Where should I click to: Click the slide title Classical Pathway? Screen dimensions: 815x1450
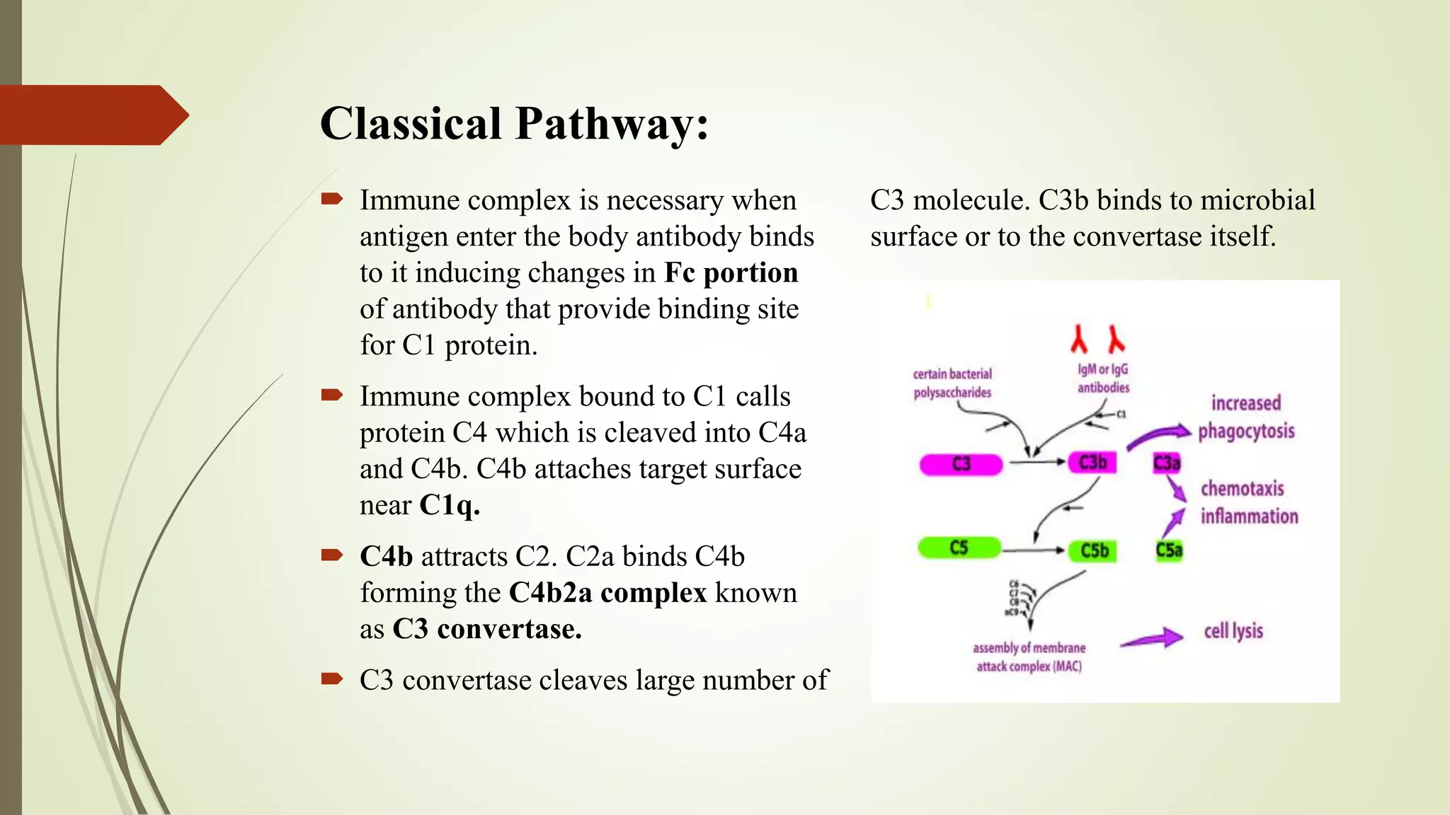point(514,124)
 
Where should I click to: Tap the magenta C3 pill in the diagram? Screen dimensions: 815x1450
point(961,464)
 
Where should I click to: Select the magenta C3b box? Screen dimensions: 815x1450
point(1092,463)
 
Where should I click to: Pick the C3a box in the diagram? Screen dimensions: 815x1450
point(1167,463)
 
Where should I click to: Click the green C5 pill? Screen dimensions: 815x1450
point(959,548)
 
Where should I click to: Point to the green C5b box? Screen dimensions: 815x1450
point(1094,550)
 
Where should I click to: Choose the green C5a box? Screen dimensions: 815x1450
point(1169,550)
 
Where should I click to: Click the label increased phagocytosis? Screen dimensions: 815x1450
point(1246,417)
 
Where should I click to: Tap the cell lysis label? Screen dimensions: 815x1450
point(1233,630)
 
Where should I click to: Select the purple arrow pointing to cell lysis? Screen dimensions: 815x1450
point(1152,638)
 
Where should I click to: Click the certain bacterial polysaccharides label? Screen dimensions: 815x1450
point(952,383)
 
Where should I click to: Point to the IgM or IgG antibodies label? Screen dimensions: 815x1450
point(1103,378)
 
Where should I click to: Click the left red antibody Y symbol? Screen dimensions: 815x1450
point(1079,339)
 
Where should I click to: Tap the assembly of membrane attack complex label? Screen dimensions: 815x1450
point(1029,657)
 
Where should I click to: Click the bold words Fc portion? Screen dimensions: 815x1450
point(731,273)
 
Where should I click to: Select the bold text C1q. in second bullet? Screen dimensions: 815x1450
point(450,505)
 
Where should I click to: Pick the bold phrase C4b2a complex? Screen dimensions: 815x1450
point(607,593)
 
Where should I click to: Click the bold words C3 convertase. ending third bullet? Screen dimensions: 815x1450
point(487,629)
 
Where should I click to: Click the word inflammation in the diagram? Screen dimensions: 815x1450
point(1249,516)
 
